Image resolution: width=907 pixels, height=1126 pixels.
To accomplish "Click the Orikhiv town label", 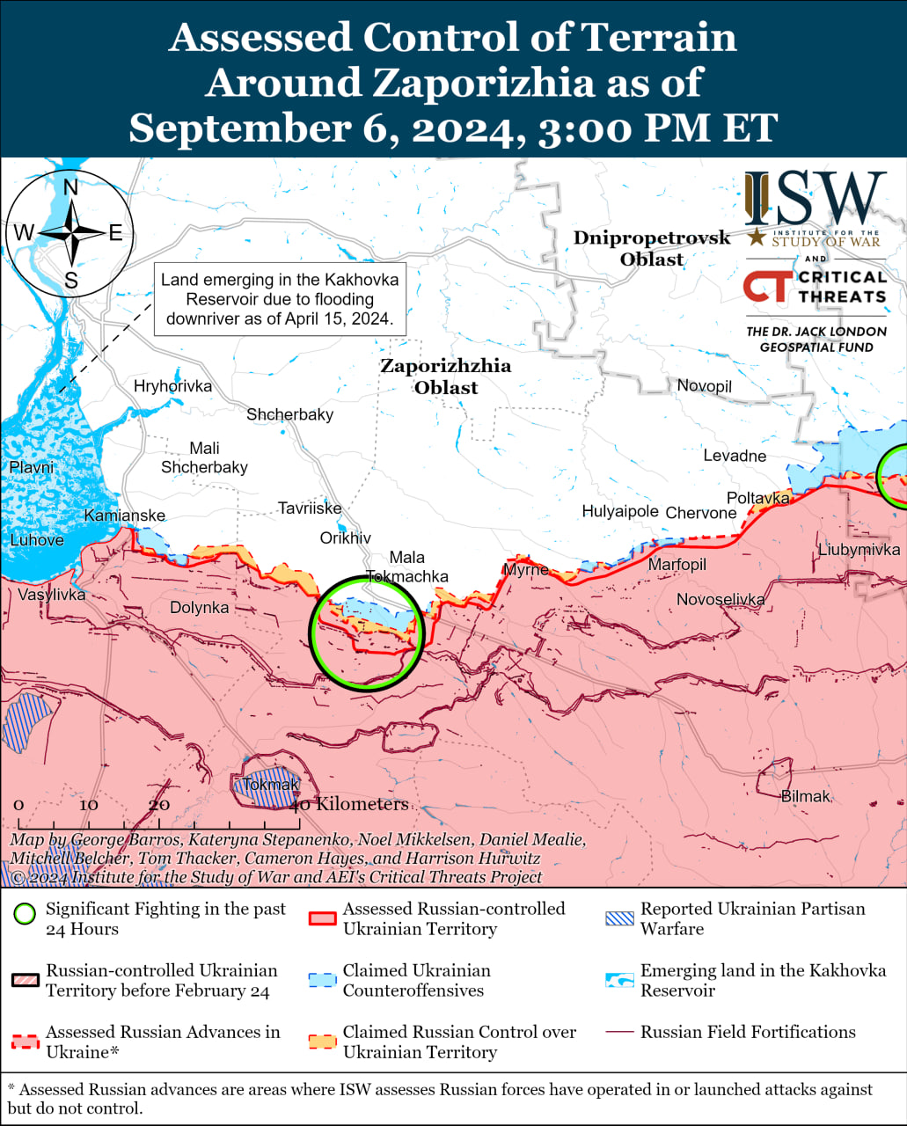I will tap(345, 538).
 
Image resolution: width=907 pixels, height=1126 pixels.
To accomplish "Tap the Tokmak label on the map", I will tap(271, 784).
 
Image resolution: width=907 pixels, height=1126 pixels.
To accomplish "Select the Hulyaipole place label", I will tap(619, 511).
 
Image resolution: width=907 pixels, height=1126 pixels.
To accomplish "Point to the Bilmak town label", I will tap(805, 796).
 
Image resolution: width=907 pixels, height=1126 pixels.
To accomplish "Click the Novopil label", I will tap(704, 385).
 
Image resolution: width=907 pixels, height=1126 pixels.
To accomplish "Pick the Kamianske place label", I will tap(124, 515).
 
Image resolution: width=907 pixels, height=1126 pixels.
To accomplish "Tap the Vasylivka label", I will tap(52, 595).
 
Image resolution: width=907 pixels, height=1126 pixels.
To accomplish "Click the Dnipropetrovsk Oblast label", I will tap(652, 248).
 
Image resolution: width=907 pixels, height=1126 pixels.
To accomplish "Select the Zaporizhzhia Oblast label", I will tap(445, 377).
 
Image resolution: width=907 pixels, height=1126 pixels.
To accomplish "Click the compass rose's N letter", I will tap(70, 187).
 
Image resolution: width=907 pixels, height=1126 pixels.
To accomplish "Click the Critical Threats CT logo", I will tap(764, 287).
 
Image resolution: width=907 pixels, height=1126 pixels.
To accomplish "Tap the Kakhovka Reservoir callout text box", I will tap(280, 299).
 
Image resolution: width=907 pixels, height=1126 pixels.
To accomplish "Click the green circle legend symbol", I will tap(26, 914).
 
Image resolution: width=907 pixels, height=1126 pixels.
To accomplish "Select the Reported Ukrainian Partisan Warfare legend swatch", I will tap(619, 918).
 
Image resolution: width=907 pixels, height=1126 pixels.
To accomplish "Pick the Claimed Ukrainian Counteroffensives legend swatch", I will tap(323, 980).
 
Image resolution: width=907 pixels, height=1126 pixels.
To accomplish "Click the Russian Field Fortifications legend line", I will tap(619, 1032).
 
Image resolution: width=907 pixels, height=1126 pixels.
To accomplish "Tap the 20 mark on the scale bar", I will tap(159, 805).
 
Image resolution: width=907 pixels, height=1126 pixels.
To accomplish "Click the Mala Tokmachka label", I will tap(406, 567).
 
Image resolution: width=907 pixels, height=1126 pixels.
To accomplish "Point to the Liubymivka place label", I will tap(859, 550).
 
